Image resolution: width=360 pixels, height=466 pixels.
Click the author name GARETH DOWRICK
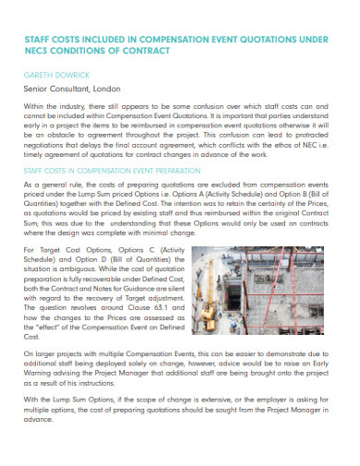(53, 74)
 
